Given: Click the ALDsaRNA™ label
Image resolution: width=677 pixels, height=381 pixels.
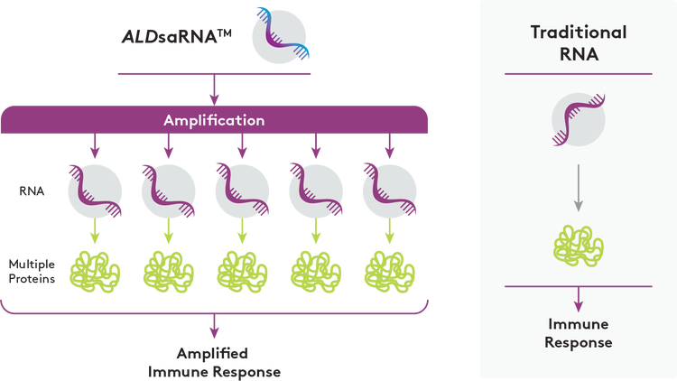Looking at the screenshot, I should pyautogui.click(x=178, y=40).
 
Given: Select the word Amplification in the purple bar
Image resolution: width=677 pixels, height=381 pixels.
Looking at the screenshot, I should pyautogui.click(x=214, y=120).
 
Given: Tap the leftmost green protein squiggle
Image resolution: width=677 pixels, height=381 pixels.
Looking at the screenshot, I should pyautogui.click(x=95, y=269).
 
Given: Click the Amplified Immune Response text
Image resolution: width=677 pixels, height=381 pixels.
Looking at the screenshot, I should pyautogui.click(x=213, y=360).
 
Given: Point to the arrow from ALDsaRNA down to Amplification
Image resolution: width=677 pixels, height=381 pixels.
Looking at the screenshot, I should pyautogui.click(x=214, y=89).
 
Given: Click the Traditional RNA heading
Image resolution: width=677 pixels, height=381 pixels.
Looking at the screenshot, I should pyautogui.click(x=578, y=42).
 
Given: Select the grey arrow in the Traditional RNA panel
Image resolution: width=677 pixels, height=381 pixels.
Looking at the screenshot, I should pyautogui.click(x=578, y=189).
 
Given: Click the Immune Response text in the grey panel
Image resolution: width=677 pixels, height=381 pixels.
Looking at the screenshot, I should pyautogui.click(x=578, y=332).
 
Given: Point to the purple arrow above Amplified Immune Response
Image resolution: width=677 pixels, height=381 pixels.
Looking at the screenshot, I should pyautogui.click(x=214, y=327).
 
